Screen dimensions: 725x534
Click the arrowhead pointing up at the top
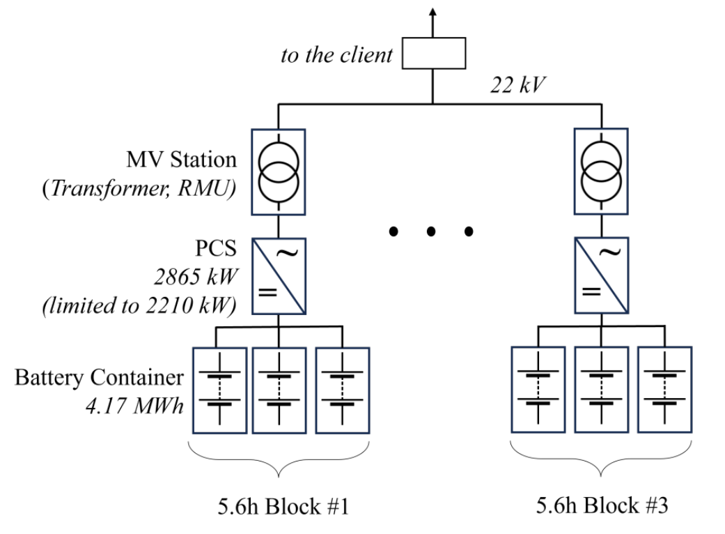(432, 13)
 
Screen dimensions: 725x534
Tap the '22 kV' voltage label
(518, 85)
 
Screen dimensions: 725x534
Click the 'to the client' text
(336, 55)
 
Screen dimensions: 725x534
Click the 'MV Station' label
(181, 160)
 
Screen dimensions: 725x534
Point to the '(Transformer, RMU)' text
(139, 188)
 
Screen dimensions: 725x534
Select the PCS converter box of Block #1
(279, 276)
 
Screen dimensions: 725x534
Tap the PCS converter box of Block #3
(602, 276)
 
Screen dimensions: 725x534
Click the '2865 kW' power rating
(196, 277)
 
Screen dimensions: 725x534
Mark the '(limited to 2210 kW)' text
(139, 305)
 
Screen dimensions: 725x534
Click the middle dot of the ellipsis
(431, 231)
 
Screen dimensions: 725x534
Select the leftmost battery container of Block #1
(219, 390)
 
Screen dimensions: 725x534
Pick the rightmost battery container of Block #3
(665, 390)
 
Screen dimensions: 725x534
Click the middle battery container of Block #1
(279, 390)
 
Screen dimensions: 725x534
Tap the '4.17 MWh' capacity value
(134, 406)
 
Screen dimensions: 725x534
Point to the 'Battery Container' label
(99, 377)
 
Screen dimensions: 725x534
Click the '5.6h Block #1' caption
(283, 506)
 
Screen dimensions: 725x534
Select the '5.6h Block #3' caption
(602, 505)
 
